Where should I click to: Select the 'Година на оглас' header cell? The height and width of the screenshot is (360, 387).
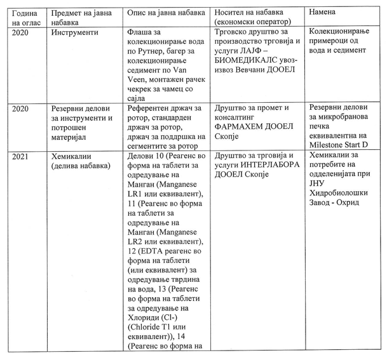[25, 18]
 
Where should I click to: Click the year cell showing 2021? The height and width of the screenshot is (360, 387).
[22, 156]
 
